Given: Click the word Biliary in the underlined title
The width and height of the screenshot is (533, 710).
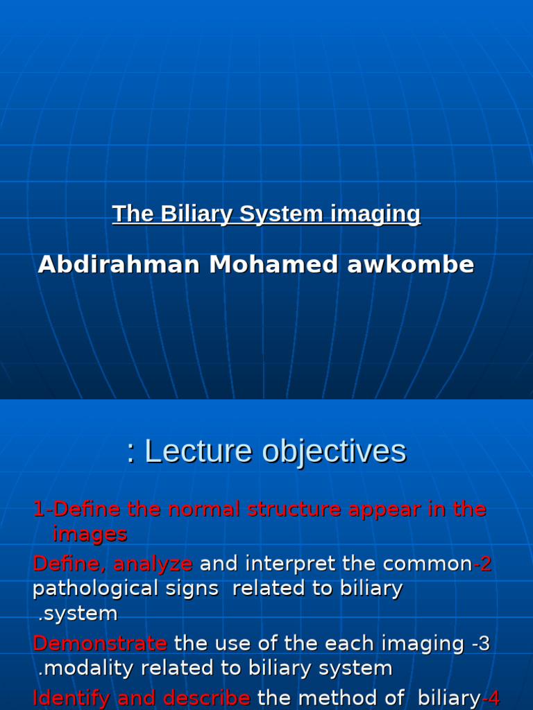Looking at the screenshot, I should point(197,214).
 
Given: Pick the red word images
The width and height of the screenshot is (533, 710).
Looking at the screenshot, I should point(90,534).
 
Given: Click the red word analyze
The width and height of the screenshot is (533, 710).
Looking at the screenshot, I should point(153,564).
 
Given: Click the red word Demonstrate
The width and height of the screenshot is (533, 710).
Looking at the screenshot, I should point(99,643).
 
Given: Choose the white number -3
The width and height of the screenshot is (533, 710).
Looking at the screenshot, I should point(480,643).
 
